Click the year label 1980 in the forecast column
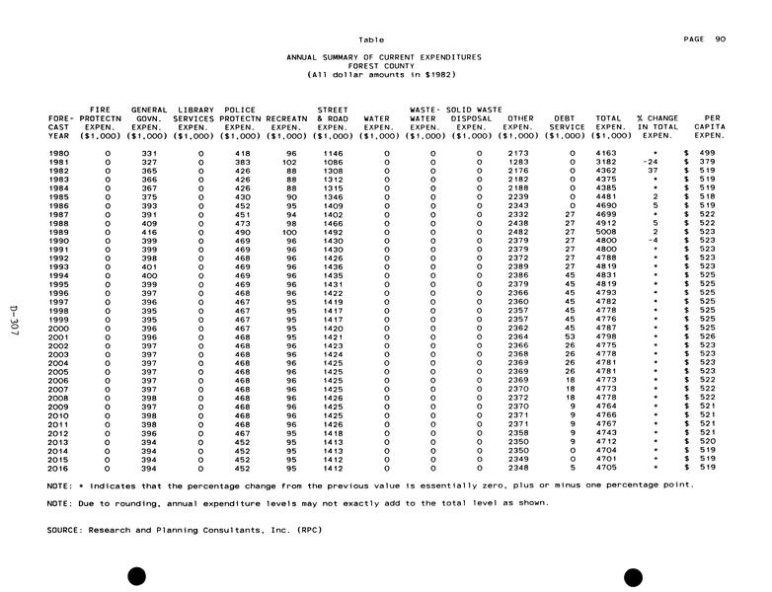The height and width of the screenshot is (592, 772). [x=58, y=153]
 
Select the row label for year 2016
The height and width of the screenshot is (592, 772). [x=58, y=467]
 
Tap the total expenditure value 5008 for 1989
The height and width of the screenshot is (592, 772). [x=607, y=232]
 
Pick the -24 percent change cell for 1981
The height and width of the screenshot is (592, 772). [x=650, y=162]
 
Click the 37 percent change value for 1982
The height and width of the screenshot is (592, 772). [x=652, y=171]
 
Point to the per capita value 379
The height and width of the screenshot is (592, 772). [x=707, y=162]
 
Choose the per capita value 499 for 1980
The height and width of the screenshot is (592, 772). [x=707, y=153]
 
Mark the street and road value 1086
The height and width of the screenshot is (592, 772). [x=333, y=162]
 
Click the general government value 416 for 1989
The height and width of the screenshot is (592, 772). [x=149, y=232]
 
